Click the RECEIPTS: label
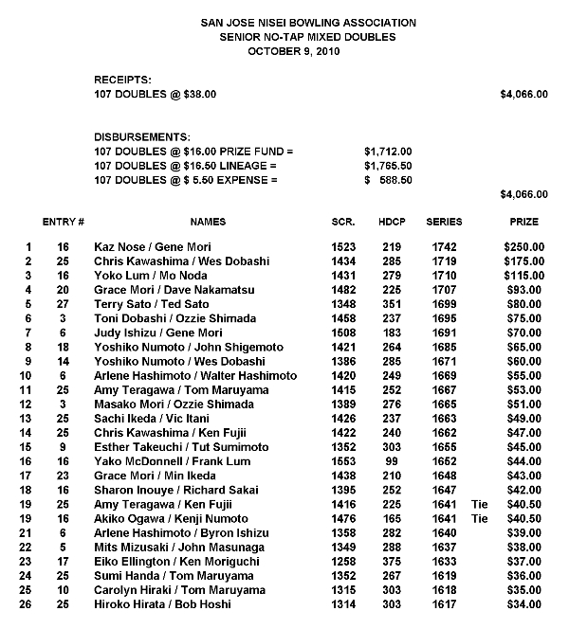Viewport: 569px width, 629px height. [122, 81]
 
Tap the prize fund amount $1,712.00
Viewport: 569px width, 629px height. [388, 151]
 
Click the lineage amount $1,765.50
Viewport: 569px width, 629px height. [388, 165]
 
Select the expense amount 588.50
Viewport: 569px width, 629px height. [394, 179]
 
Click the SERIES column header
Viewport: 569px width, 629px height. [445, 222]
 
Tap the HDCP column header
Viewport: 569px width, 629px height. [392, 222]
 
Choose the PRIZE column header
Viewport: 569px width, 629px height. [523, 222]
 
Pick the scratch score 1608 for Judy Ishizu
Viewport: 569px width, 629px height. [343, 332]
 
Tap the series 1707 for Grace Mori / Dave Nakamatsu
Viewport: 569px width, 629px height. [444, 290]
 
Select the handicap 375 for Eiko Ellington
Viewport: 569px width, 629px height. [392, 561]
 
